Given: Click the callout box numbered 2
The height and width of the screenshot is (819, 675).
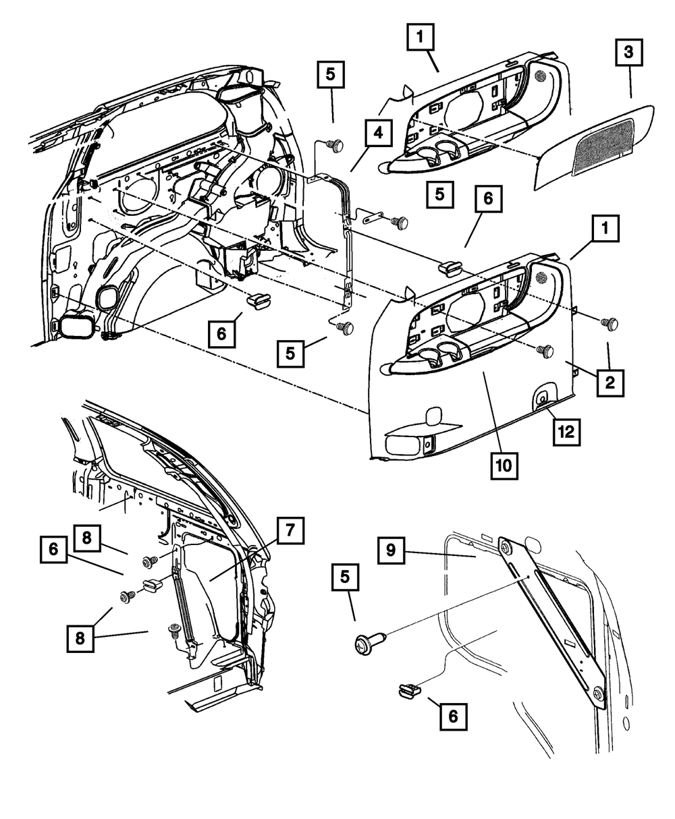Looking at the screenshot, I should coord(609,382).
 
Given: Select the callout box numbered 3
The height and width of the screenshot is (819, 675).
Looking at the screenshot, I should coord(628,51).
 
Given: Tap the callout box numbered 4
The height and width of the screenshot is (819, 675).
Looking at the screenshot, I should coord(378,133).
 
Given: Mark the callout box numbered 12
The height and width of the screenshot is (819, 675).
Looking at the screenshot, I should coord(566,432).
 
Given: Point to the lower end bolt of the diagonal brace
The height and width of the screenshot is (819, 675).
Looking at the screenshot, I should coord(597,694).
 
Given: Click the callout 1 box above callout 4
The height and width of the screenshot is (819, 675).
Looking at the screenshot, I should coord(421,37).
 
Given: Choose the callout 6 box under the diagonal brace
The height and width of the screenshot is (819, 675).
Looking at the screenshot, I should coord(452,716).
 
